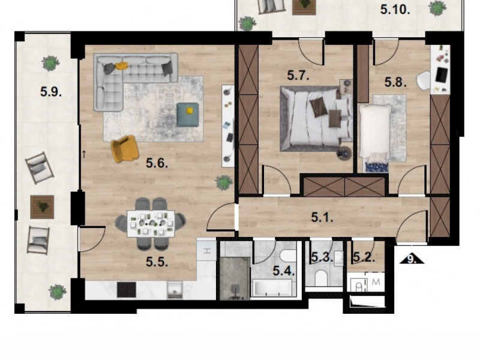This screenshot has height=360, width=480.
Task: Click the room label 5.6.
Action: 157,163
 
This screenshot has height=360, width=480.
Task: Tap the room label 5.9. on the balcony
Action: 51,92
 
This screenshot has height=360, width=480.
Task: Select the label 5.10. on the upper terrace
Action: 395,10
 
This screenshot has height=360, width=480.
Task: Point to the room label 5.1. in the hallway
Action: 322,217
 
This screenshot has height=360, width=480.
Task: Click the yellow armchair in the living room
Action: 125,149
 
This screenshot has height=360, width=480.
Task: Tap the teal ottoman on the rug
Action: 188,115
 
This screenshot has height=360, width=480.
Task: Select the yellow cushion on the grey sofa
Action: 122,65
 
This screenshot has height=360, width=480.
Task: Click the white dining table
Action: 151,223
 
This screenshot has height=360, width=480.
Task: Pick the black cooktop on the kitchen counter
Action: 127,290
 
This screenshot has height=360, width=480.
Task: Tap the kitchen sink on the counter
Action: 175,290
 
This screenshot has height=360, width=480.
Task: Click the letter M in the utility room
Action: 376,281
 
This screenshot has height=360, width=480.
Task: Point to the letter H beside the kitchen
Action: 207,251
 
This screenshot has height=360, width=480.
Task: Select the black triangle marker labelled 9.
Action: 412,259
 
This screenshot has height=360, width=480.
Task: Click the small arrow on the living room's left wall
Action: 84,154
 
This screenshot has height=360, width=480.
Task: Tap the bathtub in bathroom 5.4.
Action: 271,288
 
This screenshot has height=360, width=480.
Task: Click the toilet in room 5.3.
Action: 321,278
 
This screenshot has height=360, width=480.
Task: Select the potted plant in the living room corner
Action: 224,183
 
